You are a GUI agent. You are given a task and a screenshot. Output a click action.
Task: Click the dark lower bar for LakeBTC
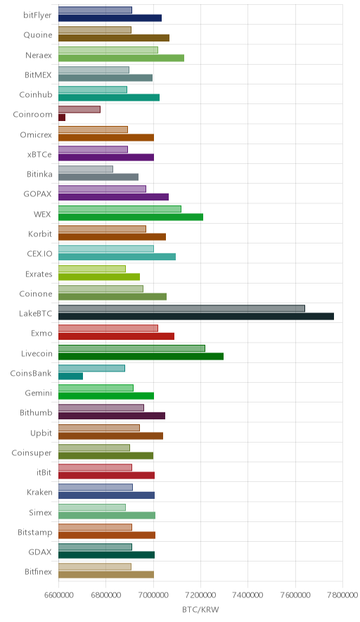coord(196,316)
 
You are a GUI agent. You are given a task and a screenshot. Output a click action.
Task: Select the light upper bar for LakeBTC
coord(181,308)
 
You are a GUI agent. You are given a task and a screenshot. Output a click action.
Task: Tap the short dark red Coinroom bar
coord(62,118)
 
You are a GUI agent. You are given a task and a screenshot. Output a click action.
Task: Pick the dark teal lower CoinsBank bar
coord(70,376)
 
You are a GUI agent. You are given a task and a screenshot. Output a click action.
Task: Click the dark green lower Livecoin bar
coord(141,356)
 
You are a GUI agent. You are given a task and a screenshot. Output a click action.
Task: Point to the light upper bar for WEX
coord(120,209)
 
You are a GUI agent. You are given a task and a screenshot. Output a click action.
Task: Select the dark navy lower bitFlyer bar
coord(110,18)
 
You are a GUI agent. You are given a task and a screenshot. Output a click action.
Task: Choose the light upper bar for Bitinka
coord(86,169)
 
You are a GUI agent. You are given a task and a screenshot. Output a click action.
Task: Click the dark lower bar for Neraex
coord(122,58)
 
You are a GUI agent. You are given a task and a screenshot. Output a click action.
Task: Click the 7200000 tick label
coord(200,595)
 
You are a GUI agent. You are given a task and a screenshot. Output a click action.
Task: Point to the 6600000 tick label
coord(58,595)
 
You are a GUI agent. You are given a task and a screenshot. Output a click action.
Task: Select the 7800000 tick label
coord(342,595)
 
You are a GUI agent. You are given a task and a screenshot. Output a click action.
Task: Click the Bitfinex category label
coord(38,571)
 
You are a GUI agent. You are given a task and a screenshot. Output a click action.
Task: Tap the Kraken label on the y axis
coord(39,493)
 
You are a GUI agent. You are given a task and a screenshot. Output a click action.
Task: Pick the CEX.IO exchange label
coord(39,253)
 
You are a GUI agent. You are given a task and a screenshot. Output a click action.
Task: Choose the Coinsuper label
coord(32,452)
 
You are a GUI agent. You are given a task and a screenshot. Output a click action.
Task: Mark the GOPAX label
coord(38,194)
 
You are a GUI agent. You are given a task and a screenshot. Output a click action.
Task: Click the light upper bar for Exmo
coord(108,328)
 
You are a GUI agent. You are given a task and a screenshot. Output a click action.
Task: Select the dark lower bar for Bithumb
coord(112,416)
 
